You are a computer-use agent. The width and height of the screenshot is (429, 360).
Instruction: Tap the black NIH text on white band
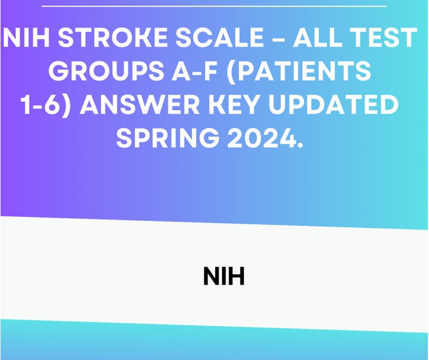click(224, 277)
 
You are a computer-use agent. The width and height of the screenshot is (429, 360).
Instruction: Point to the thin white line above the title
click(214, 6)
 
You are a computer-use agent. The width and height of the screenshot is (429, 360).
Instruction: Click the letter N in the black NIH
click(211, 277)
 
